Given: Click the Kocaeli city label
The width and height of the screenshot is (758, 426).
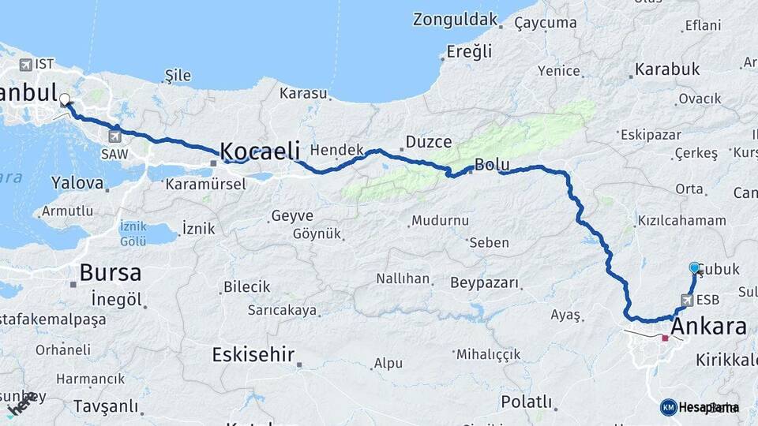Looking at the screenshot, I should pyautogui.click(x=260, y=150).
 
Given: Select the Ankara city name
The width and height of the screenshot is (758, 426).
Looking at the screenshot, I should pyautogui.click(x=708, y=327).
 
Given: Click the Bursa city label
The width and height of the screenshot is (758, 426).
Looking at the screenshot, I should pyautogui.click(x=110, y=273).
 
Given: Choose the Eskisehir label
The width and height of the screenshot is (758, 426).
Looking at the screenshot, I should pyautogui.click(x=253, y=354).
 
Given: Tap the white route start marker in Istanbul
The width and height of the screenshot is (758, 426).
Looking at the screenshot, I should pyautogui.click(x=65, y=100).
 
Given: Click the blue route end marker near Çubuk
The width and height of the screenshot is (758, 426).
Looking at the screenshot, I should pyautogui.click(x=694, y=268).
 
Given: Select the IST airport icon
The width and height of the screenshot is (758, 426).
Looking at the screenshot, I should pyautogui.click(x=26, y=64).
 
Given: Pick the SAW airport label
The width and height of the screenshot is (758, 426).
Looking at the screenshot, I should pyautogui.click(x=114, y=154).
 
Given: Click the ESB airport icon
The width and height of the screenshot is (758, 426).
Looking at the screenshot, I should pyautogui.click(x=685, y=300).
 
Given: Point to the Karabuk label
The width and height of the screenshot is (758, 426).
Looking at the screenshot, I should pyautogui.click(x=667, y=69).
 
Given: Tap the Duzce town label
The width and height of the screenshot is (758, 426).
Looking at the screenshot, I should pyautogui.click(x=428, y=142).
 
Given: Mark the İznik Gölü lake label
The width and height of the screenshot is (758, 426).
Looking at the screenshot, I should pyautogui.click(x=133, y=233).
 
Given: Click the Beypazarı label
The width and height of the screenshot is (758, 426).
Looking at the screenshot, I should pyautogui.click(x=484, y=282).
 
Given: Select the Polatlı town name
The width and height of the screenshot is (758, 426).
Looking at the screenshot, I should pyautogui.click(x=526, y=402).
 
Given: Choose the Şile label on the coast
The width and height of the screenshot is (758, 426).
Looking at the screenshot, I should pyautogui.click(x=178, y=75).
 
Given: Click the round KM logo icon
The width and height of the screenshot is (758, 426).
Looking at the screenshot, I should pyautogui.click(x=669, y=407).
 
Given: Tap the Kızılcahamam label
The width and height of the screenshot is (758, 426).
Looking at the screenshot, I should pyautogui.click(x=681, y=221).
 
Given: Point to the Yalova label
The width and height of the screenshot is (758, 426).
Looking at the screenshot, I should pyautogui.click(x=77, y=183).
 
